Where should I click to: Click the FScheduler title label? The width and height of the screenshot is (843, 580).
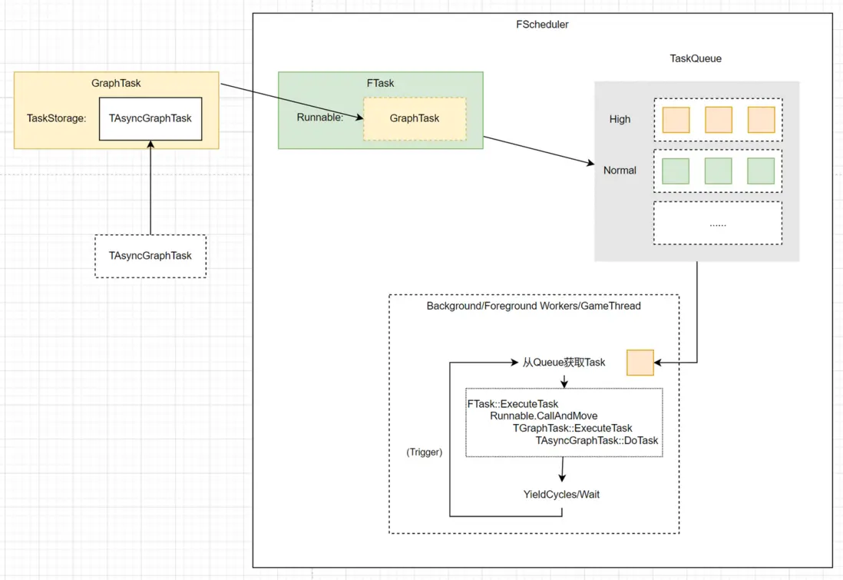[x=542, y=25]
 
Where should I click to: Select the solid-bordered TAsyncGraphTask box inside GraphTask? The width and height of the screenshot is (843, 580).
[x=150, y=119]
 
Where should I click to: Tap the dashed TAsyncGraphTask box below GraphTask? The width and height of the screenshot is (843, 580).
[x=150, y=256]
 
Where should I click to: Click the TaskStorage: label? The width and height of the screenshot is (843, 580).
[x=56, y=118]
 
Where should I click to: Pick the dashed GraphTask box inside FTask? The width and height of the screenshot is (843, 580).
[x=415, y=118]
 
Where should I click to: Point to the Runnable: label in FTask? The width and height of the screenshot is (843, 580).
[x=320, y=118]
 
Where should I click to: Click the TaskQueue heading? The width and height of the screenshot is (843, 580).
[x=696, y=58]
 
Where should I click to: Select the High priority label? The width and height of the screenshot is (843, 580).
[x=620, y=119]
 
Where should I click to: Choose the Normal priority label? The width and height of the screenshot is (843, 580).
[x=620, y=171]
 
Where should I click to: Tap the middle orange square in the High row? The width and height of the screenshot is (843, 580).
[x=719, y=120]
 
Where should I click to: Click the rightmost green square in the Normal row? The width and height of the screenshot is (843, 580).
[x=761, y=171]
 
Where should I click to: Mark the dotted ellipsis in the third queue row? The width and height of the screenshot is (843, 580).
[x=718, y=224]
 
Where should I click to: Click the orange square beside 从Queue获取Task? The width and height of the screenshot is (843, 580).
[x=640, y=363]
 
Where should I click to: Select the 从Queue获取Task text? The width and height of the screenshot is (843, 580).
[x=564, y=362]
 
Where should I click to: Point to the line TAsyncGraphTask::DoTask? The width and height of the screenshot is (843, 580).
[x=597, y=440]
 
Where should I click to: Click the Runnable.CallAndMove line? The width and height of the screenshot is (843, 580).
[x=544, y=416]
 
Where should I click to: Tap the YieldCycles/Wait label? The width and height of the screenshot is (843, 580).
[x=561, y=494]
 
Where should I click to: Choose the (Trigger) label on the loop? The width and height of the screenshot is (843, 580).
[x=424, y=452]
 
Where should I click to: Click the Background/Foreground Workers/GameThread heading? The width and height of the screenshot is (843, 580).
[x=534, y=306]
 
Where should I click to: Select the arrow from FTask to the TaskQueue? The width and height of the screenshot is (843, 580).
[x=539, y=151]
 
